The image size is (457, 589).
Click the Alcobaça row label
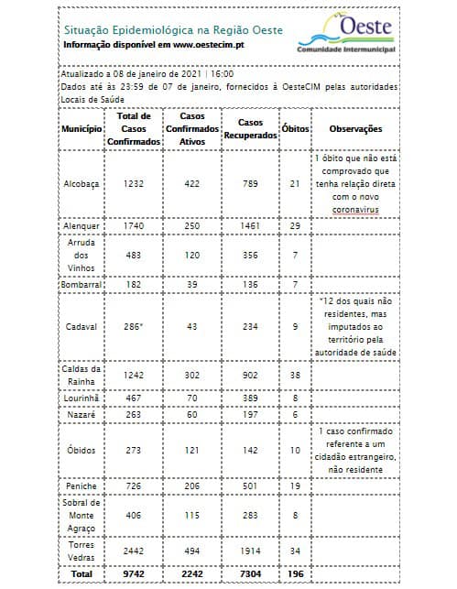82,183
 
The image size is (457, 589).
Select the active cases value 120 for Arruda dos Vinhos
189,255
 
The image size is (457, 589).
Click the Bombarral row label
82,285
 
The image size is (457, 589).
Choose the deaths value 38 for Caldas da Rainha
295,375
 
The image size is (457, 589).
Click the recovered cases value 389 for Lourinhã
245,399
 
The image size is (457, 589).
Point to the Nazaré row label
82,414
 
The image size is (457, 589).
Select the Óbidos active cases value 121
189,451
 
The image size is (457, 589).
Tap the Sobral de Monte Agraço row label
82,516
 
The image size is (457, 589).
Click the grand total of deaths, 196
295,574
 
